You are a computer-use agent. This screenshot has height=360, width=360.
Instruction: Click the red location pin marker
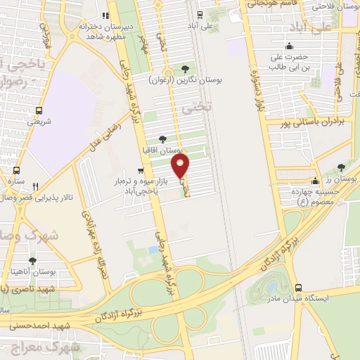(181, 167)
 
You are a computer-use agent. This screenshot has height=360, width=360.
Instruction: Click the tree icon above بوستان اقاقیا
(163, 139)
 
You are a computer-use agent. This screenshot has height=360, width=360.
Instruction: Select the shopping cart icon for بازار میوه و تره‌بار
(141, 170)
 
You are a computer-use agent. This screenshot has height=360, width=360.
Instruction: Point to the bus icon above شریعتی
(39, 110)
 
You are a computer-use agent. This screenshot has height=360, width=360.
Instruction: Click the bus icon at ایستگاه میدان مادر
(299, 288)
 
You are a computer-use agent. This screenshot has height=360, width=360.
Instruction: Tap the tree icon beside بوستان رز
(340, 167)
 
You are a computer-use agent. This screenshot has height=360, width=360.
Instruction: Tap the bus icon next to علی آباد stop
(200, 15)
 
